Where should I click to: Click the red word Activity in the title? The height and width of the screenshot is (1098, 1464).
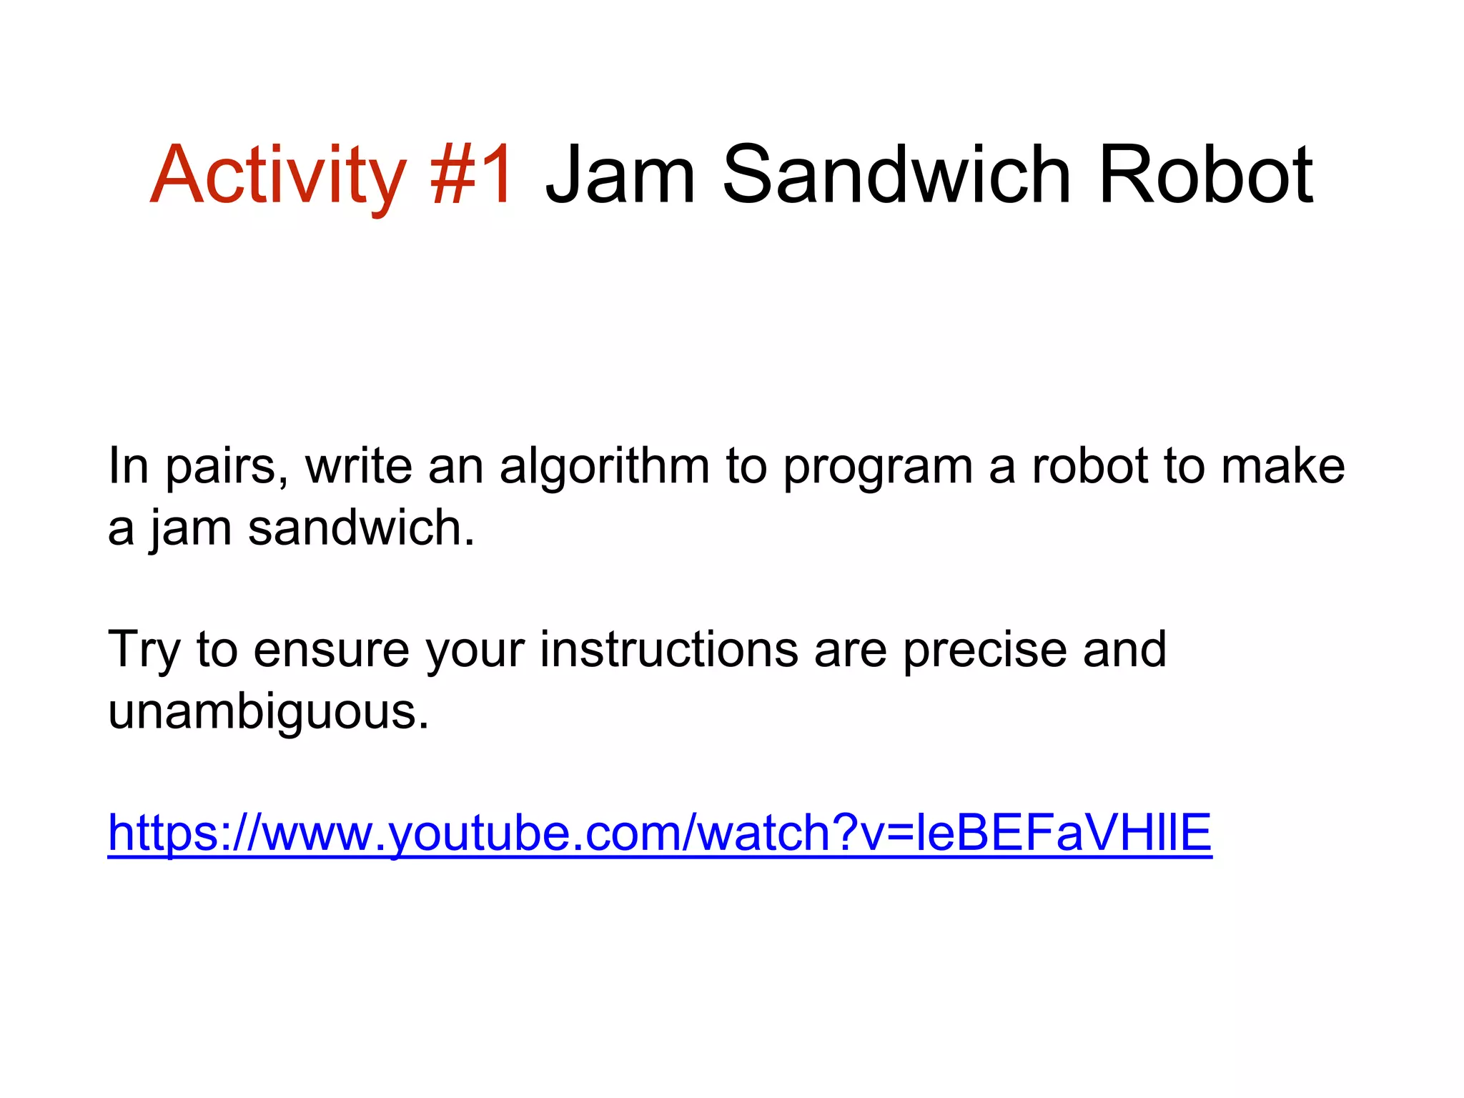tap(277, 175)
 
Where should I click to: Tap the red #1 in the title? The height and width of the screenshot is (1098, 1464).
tap(471, 175)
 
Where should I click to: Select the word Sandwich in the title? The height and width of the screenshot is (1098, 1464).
tap(896, 175)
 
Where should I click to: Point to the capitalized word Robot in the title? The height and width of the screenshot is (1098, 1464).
tap(1205, 175)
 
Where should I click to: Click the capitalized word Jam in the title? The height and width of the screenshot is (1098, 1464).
tap(620, 175)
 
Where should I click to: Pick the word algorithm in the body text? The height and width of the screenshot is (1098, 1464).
tap(604, 466)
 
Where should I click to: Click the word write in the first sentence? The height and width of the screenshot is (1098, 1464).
tap(358, 466)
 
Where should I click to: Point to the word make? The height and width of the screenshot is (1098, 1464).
tap(1282, 466)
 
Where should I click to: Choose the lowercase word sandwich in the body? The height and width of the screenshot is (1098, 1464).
tap(361, 528)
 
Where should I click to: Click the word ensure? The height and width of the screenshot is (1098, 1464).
tap(331, 651)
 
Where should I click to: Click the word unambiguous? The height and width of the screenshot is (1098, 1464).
tap(268, 712)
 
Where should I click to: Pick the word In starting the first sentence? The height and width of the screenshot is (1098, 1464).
tap(129, 466)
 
